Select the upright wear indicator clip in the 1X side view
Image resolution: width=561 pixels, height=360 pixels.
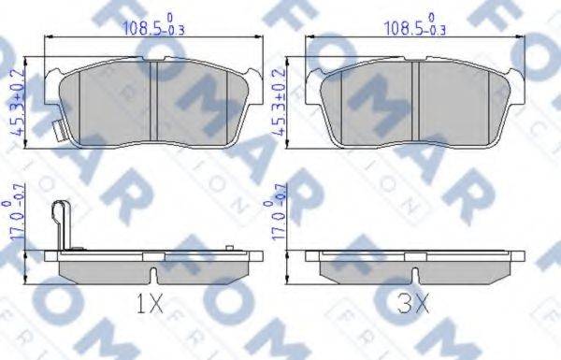coord(64,224)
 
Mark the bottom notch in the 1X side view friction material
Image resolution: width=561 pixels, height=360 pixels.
coord(153,273)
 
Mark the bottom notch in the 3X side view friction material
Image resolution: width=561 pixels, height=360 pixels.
coord(414,273)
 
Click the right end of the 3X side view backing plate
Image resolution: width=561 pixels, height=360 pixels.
coord(516,255)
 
